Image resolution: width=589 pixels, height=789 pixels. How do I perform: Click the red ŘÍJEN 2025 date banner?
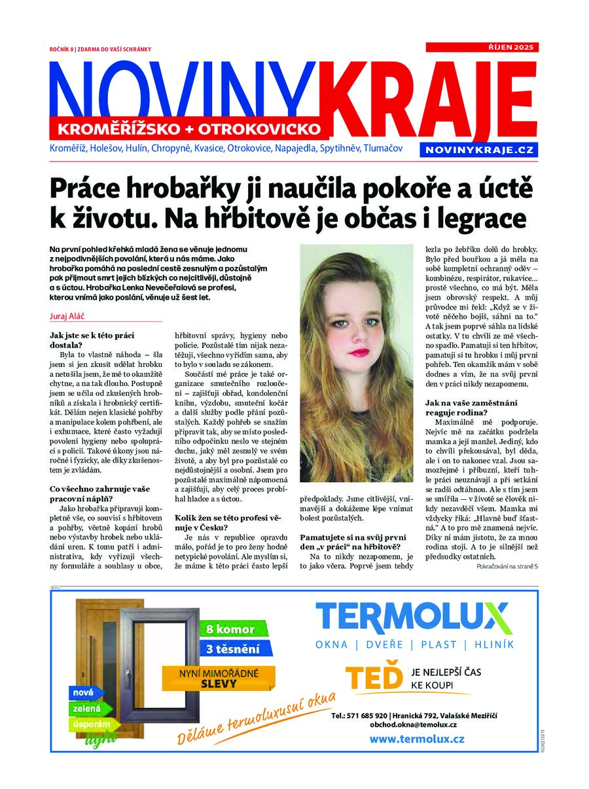click(482, 47)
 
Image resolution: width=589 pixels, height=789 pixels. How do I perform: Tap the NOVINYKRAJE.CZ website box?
click(480, 150)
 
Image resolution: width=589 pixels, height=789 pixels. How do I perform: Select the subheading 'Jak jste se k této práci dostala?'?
click(92, 341)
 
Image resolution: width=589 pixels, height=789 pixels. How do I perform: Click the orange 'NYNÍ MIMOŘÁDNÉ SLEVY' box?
click(219, 678)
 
